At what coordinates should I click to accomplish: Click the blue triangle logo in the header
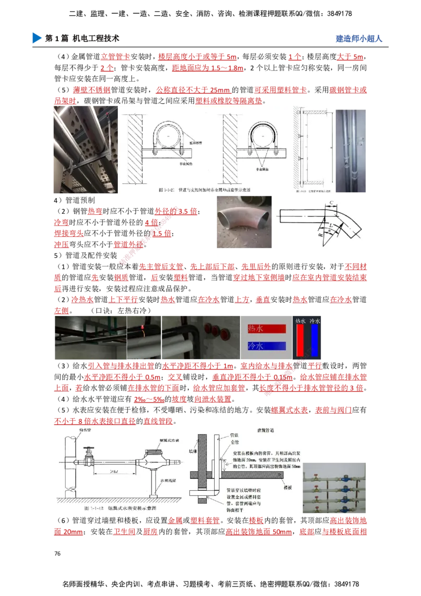click(x=36, y=38)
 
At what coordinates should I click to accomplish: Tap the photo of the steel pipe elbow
click(x=244, y=221)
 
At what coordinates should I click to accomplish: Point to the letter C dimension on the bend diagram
click(x=330, y=202)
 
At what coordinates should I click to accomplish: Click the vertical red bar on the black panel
click(x=300, y=340)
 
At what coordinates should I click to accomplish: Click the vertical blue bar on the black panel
click(x=315, y=340)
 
